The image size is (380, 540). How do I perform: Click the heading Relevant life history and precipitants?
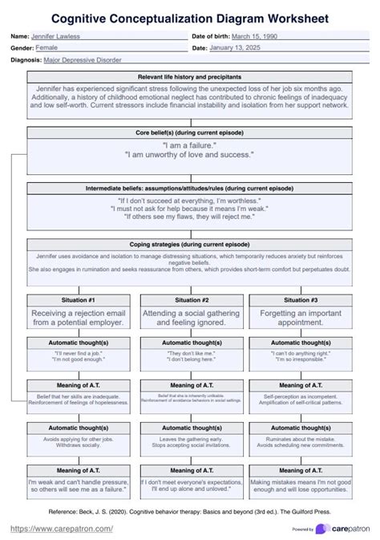click(x=189, y=75)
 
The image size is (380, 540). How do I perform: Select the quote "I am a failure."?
click(x=189, y=145)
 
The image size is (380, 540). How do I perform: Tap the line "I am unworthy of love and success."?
click(x=189, y=154)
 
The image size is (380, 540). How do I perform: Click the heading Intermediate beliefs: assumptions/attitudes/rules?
click(x=189, y=188)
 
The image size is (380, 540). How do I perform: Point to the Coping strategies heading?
click(x=189, y=243)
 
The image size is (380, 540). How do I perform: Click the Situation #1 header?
click(x=79, y=298)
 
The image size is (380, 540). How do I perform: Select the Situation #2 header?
click(x=189, y=298)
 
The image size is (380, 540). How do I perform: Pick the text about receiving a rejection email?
click(x=79, y=317)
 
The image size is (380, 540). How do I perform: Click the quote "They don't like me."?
click(x=189, y=352)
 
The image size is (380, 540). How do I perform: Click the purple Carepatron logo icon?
click(x=321, y=528)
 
